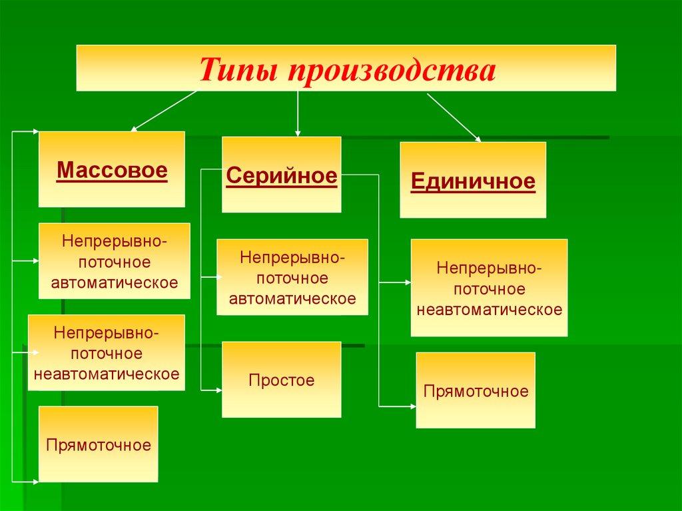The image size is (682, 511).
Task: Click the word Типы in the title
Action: [x=238, y=70]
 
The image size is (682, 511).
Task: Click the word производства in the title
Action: [x=392, y=71]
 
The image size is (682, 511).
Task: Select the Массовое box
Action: [x=112, y=169]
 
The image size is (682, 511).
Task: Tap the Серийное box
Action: [x=282, y=175]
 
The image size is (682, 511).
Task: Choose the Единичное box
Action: [x=473, y=180]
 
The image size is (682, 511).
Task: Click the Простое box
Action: [x=282, y=380]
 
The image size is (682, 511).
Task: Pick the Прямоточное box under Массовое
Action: [x=99, y=444]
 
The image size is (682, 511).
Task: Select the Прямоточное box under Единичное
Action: [x=476, y=390]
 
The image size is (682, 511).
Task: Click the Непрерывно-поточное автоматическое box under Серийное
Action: [x=292, y=277]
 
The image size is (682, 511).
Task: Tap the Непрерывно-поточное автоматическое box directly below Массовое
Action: [x=115, y=260]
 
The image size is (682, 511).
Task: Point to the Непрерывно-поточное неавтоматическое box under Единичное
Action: [x=490, y=288]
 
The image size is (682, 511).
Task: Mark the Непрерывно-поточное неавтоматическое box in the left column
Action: [x=107, y=352]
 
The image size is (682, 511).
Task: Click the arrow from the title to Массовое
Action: [x=164, y=111]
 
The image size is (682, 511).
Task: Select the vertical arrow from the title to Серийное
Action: [x=298, y=114]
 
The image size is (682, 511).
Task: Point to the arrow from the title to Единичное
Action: [x=454, y=117]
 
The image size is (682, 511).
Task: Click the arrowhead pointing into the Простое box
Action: [x=218, y=390]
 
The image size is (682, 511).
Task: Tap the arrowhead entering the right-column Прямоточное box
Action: [x=413, y=406]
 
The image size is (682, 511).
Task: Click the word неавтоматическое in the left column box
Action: [x=107, y=374]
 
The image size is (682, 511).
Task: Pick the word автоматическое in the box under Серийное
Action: [x=292, y=298]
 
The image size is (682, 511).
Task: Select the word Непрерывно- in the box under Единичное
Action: [x=490, y=268]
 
